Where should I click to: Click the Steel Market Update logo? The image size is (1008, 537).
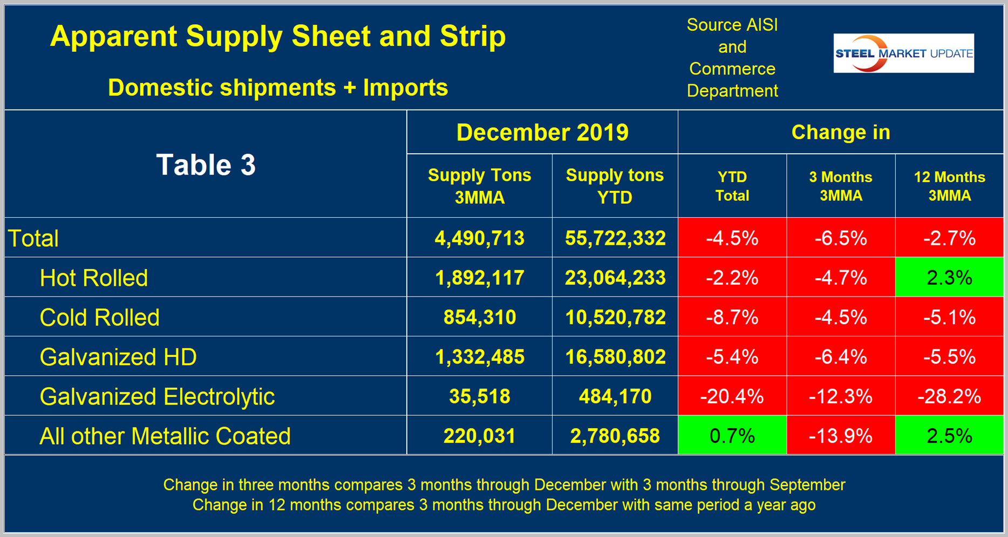point(903,53)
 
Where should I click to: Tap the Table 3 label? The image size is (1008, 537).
point(206,164)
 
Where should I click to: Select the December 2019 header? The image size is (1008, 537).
point(542,133)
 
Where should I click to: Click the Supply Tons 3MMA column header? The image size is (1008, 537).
point(479,186)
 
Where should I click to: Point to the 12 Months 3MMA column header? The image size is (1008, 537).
point(949,186)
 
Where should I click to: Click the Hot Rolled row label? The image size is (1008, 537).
point(94,278)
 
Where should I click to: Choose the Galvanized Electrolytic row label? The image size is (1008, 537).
point(157,396)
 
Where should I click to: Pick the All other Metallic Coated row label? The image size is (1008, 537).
point(165,436)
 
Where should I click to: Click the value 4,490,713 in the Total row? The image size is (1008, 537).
point(479,238)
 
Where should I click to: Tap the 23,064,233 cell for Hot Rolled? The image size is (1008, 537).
point(615,278)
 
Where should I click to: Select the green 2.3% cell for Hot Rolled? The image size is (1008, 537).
point(949,278)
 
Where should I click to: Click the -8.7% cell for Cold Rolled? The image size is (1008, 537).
point(732,317)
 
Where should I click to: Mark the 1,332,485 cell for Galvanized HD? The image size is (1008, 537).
point(479,357)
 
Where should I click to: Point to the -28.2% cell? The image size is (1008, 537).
point(949,396)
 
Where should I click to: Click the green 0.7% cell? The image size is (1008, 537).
point(732,436)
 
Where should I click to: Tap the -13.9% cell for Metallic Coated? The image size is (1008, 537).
point(840,436)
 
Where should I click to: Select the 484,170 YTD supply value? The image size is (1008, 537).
point(615,396)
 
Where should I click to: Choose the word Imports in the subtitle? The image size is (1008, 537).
point(405,87)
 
